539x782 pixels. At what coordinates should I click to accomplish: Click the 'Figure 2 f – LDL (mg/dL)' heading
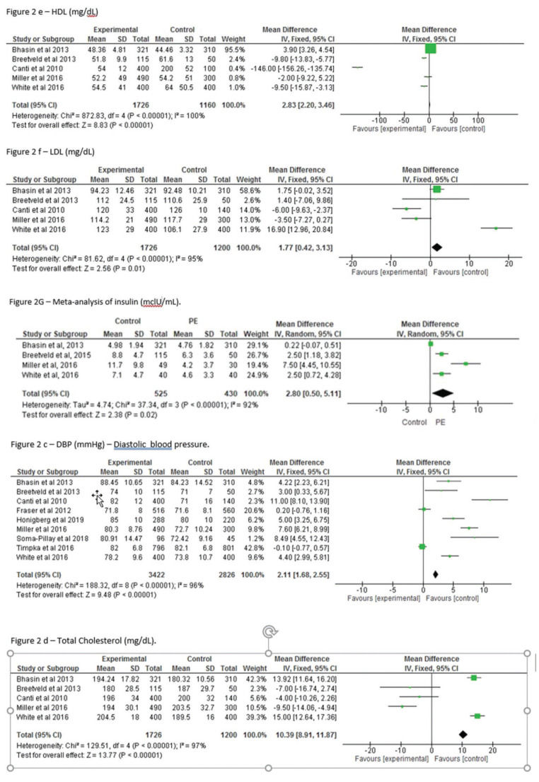[54, 151]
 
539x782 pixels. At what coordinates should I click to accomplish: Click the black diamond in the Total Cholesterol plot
[463, 735]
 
